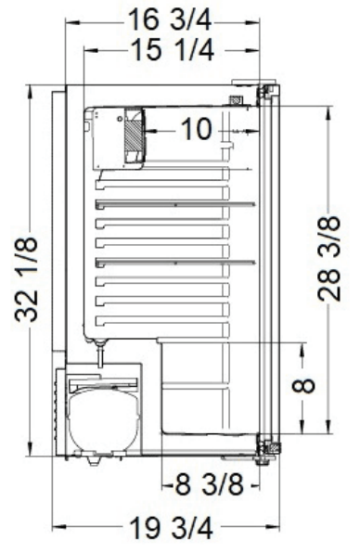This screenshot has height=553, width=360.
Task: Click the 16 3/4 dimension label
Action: (x=170, y=19)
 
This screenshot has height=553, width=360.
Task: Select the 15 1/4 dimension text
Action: (x=172, y=50)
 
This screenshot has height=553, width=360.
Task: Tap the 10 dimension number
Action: (x=197, y=129)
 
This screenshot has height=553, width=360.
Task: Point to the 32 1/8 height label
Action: (x=27, y=279)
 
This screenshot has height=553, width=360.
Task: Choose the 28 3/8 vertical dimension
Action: (x=329, y=259)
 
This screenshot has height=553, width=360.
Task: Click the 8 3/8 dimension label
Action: (x=210, y=484)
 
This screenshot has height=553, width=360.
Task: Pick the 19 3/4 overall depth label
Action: (x=172, y=528)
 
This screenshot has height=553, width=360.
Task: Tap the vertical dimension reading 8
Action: (x=303, y=385)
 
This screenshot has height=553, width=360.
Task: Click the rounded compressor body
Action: (x=104, y=418)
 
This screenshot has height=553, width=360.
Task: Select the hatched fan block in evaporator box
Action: (x=134, y=135)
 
